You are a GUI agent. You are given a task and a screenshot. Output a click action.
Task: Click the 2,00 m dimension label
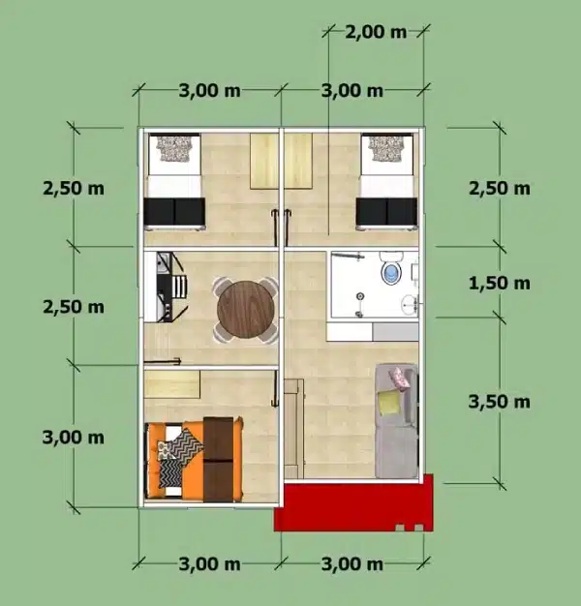click(377, 32)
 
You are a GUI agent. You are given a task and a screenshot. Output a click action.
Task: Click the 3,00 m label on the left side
click(73, 437)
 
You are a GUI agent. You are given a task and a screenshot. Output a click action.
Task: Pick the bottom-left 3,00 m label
click(209, 563)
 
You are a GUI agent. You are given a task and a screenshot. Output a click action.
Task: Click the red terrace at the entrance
click(353, 504)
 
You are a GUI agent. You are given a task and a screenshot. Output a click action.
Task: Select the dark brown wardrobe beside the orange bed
click(222, 458)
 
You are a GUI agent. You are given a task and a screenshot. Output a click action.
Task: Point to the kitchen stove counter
click(160, 286)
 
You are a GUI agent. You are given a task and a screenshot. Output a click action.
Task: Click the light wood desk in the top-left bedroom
click(264, 161)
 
